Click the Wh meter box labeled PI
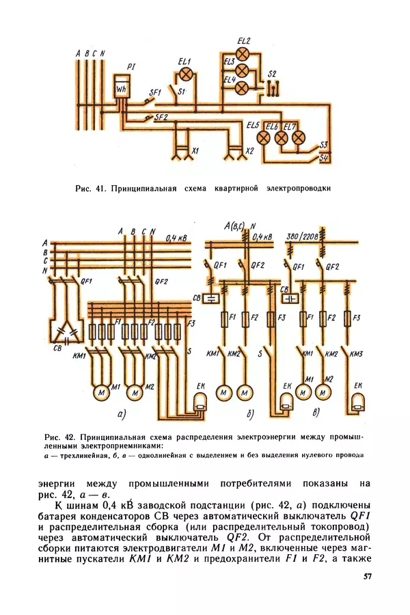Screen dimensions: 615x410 (122, 90)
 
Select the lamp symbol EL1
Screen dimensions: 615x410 (184, 76)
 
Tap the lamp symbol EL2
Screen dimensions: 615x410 (242, 54)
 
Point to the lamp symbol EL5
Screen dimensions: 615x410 (264, 137)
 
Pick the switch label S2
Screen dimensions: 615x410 (273, 73)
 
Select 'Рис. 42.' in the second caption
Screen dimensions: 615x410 (58, 435)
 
